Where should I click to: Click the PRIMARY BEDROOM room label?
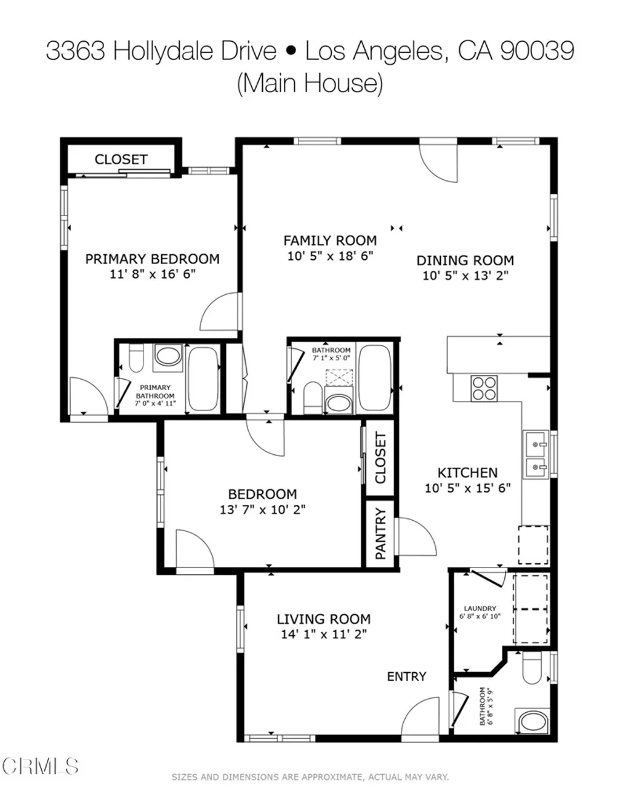(x=152, y=259)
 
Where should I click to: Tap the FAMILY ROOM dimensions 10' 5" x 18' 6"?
(x=329, y=256)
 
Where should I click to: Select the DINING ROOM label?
(x=465, y=260)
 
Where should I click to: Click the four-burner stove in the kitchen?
(x=484, y=388)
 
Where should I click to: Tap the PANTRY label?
(x=381, y=534)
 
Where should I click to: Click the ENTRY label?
(x=406, y=676)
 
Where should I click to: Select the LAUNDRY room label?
(x=480, y=609)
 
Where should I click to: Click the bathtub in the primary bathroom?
(x=203, y=378)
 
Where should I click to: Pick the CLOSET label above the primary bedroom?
(x=121, y=159)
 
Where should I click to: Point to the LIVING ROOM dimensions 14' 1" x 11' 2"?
(x=323, y=635)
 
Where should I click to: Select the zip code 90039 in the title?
(x=537, y=51)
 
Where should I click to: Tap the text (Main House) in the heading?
(x=309, y=83)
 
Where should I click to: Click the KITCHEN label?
(x=467, y=472)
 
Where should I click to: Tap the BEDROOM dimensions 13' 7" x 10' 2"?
(x=262, y=510)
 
